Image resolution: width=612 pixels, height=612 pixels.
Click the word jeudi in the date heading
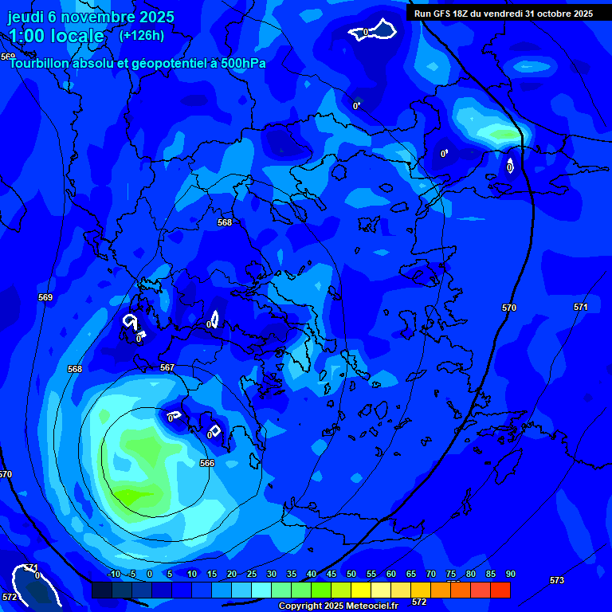click(25, 17)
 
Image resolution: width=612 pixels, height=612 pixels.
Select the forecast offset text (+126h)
click(142, 35)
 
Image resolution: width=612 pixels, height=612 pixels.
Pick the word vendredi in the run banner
click(498, 14)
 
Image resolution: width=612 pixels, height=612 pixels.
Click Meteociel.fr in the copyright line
click(366, 606)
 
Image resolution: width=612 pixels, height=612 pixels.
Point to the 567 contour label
click(167, 367)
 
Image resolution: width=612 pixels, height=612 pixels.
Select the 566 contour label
click(207, 463)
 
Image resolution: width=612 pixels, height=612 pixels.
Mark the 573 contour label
click(557, 580)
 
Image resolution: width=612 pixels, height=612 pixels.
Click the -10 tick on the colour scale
click(113, 575)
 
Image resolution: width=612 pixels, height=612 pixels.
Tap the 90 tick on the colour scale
click(510, 575)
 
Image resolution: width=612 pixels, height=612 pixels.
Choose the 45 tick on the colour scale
click(331, 575)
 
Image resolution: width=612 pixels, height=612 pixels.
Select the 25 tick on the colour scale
click(252, 575)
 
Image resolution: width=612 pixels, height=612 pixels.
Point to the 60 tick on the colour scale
click(391, 575)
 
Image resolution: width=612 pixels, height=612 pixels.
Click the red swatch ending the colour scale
click(500, 590)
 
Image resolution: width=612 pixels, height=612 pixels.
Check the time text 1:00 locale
click(56, 36)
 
